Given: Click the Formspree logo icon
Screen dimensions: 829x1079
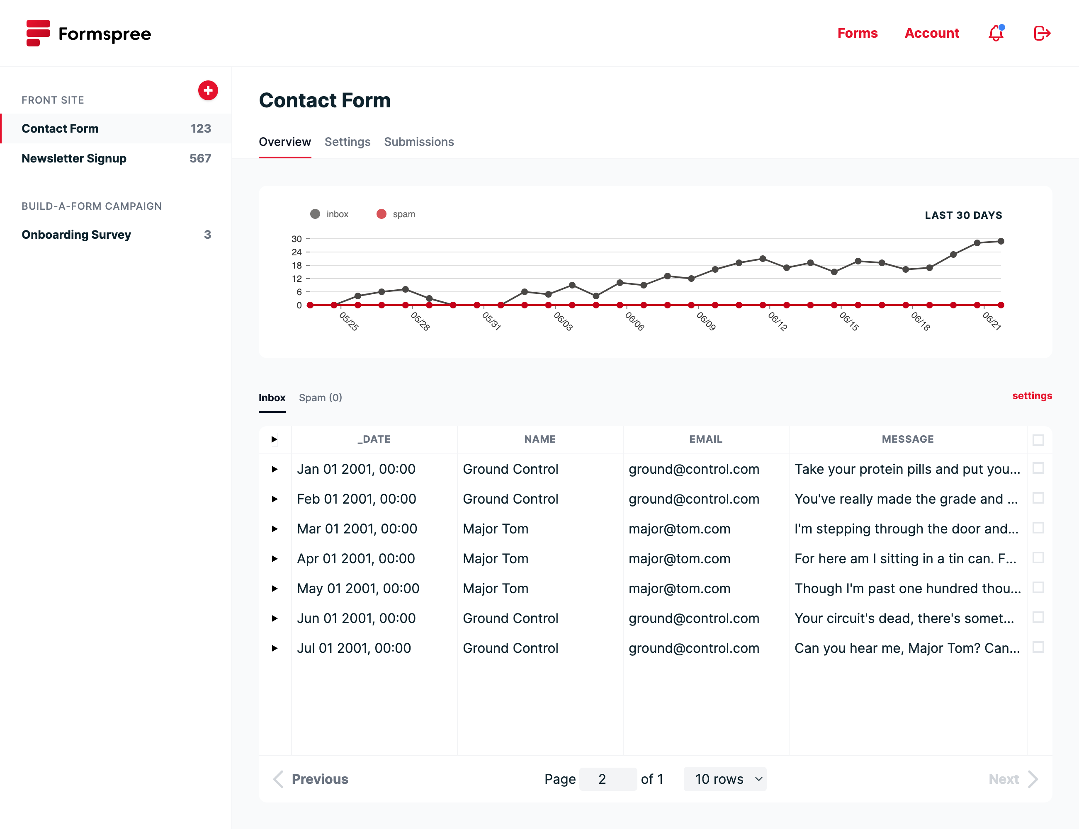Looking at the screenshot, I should [x=38, y=33].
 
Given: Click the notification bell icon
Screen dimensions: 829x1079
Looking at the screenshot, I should [x=996, y=33].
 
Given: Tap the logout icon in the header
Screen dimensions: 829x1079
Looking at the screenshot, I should [x=1042, y=33].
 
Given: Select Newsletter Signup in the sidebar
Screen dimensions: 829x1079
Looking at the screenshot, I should [x=74, y=158].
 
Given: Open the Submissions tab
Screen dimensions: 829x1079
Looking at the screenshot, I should [x=418, y=142].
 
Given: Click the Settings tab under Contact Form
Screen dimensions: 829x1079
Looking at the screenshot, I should [x=347, y=142].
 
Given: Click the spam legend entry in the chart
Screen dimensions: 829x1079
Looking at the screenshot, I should [x=396, y=214].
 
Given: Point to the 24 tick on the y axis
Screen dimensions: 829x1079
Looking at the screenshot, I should [x=296, y=252].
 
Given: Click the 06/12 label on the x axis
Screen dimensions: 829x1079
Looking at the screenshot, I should [x=777, y=321].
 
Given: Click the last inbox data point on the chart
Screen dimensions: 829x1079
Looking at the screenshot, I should [x=1001, y=241].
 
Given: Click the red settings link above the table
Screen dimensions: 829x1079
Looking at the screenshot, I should [x=1032, y=396].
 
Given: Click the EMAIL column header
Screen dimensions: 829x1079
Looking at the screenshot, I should [x=705, y=439].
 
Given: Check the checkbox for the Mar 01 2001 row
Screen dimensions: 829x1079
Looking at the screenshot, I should [x=1038, y=528].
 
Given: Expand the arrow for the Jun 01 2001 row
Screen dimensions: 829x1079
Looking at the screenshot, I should [x=275, y=618].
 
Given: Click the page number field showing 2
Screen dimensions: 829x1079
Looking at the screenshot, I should [x=608, y=779].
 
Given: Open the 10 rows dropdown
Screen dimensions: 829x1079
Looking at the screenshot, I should [x=724, y=779].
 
